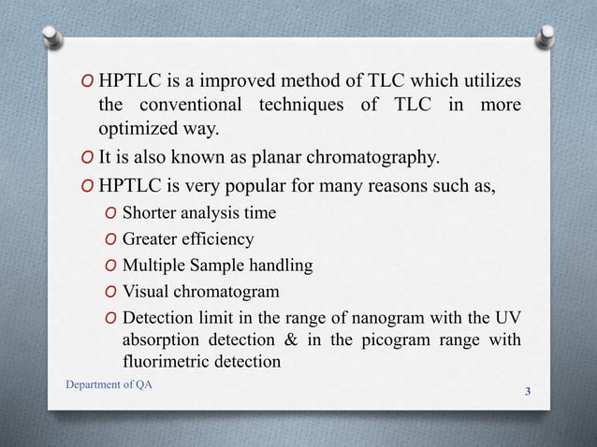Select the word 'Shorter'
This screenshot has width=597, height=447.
153,213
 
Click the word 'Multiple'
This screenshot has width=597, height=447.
153,266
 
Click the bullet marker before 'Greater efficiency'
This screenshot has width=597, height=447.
110,239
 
